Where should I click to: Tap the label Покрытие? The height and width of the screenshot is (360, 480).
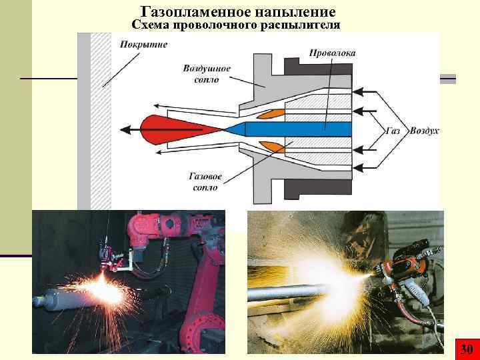point(143,45)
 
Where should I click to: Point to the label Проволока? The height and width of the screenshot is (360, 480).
point(332,53)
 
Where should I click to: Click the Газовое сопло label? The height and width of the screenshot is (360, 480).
point(205,183)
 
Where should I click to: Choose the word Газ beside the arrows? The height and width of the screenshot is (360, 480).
point(393,132)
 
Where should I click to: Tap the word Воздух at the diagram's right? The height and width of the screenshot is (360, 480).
point(425,132)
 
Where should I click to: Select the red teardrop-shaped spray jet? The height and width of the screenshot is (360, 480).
point(160,128)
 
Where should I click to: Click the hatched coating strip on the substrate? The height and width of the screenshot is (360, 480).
point(101,120)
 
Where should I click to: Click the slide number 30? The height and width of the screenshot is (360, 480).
point(466,349)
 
